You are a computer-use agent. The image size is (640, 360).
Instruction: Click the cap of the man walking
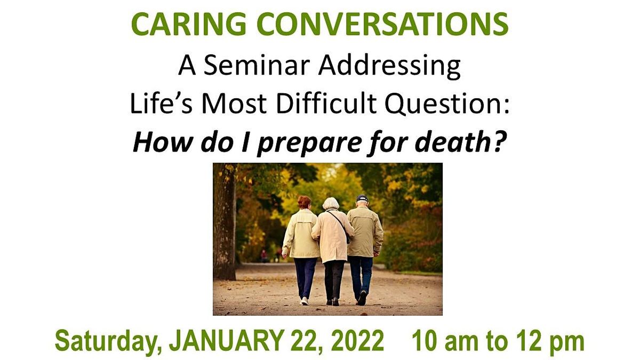tap(363, 198)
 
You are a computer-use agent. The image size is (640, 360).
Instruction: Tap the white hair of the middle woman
tap(331, 204)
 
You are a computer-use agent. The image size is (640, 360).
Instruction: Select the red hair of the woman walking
tap(304, 202)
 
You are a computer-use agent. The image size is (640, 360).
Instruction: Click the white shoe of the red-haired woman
tap(305, 301)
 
